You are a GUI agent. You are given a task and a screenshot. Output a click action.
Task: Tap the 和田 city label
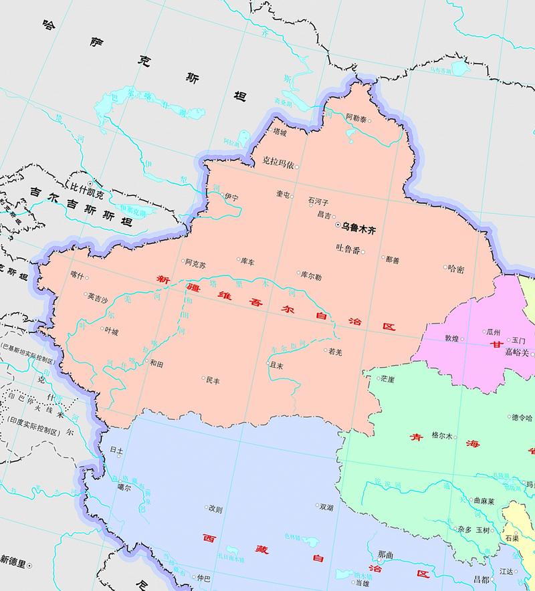(x=157, y=364)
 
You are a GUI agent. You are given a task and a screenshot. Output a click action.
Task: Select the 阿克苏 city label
(x=196, y=263)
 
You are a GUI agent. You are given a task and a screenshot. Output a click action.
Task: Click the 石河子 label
(x=318, y=200)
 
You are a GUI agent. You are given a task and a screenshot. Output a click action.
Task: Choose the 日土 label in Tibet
(x=116, y=451)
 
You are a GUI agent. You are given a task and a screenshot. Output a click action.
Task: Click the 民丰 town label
(x=212, y=380)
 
